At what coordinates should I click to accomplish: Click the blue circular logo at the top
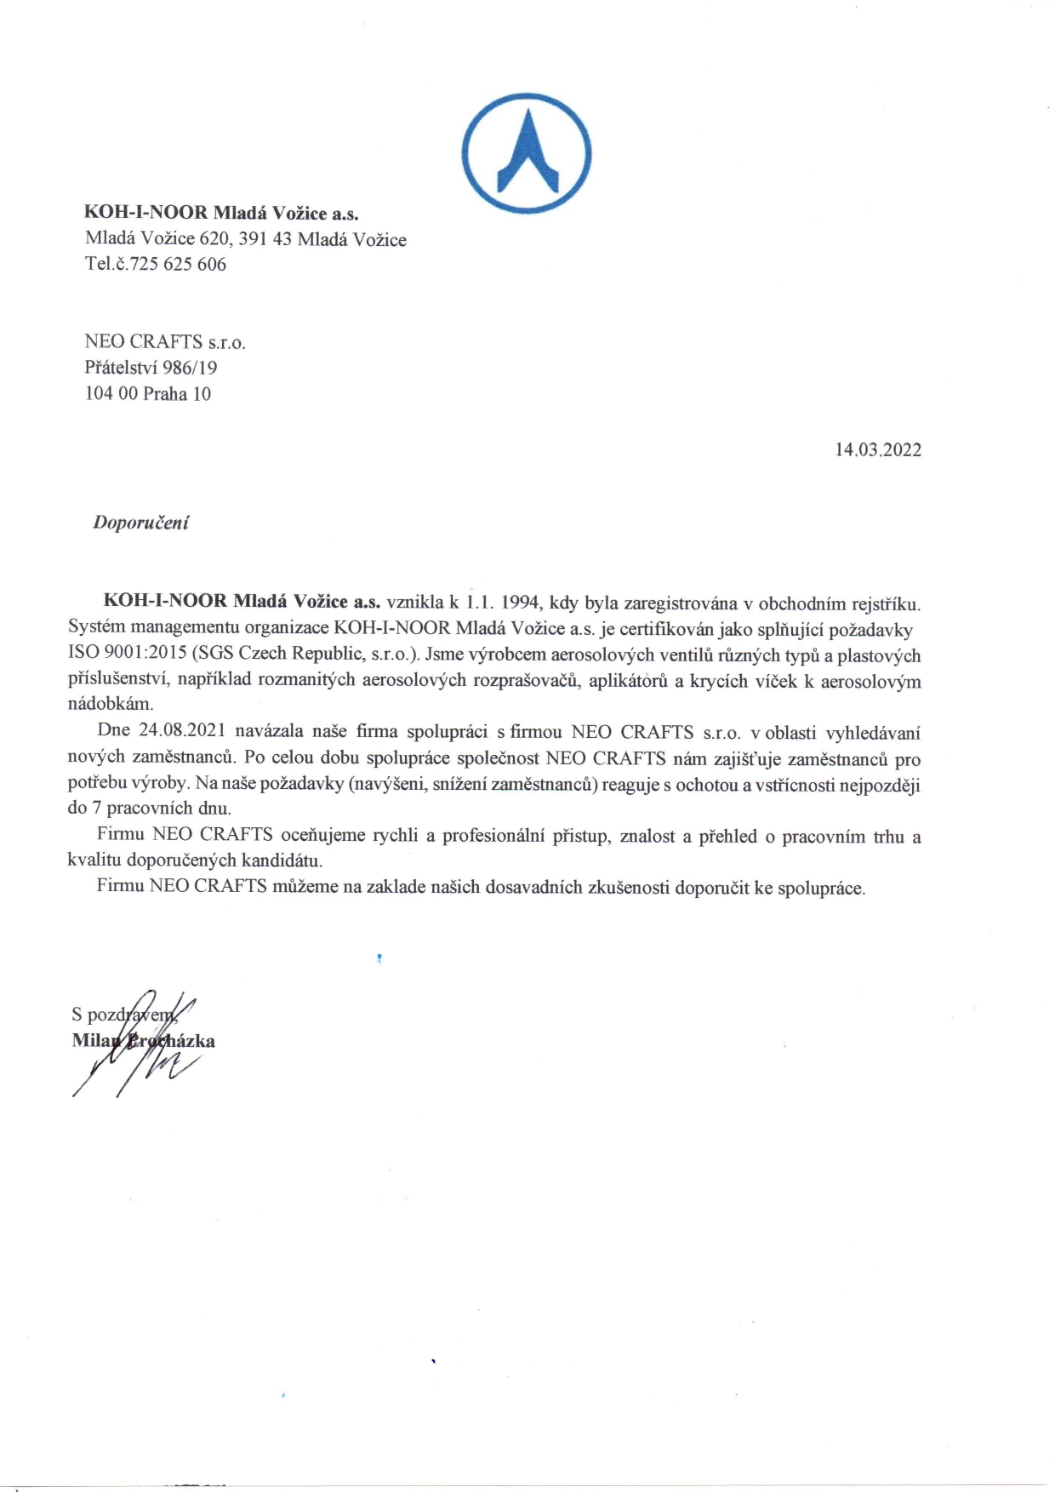[527, 154]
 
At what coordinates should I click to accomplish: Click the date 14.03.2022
[877, 450]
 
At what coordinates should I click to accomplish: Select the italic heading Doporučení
[140, 523]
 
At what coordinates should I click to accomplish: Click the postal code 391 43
[265, 239]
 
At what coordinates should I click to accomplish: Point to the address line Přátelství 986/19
[151, 368]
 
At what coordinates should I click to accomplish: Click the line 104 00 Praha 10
[147, 394]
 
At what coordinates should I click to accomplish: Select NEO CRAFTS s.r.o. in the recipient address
[164, 342]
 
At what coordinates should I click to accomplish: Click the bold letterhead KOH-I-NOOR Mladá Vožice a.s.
[221, 213]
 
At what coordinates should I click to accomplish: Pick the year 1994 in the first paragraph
[521, 603]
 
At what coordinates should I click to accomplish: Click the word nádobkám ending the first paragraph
[110, 705]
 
